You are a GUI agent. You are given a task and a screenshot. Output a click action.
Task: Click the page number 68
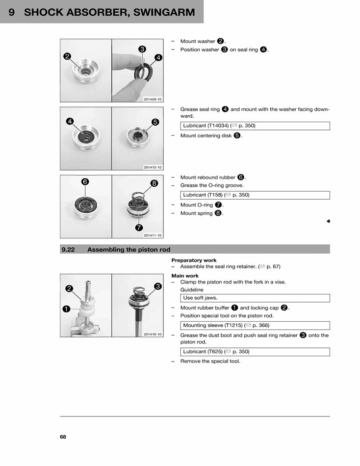point(63,437)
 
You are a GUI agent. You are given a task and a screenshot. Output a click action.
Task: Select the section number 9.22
point(68,250)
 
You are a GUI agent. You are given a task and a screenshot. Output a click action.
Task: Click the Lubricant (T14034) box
point(255,126)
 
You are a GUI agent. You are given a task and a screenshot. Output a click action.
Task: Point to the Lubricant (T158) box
point(255,195)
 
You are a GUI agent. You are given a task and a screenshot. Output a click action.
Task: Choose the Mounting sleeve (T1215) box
point(255,325)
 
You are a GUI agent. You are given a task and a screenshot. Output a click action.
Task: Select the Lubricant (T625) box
point(255,352)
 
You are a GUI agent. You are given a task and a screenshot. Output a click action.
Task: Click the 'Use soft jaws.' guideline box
point(255,298)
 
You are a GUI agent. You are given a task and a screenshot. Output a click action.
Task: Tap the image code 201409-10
point(153,99)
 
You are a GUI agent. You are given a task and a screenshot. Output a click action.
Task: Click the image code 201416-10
point(153,335)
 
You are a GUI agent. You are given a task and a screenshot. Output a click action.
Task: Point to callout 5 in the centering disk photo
point(155,122)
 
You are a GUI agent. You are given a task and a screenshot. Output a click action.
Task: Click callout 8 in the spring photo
point(154,183)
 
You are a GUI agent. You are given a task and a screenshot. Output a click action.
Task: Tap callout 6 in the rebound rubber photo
point(85,181)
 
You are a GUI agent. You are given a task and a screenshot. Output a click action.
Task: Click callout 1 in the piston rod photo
point(66,309)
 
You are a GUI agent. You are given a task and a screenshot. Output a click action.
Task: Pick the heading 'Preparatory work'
point(194,260)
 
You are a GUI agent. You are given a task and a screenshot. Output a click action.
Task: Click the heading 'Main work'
point(185,276)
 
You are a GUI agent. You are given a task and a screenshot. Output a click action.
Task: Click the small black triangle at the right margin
point(328,221)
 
